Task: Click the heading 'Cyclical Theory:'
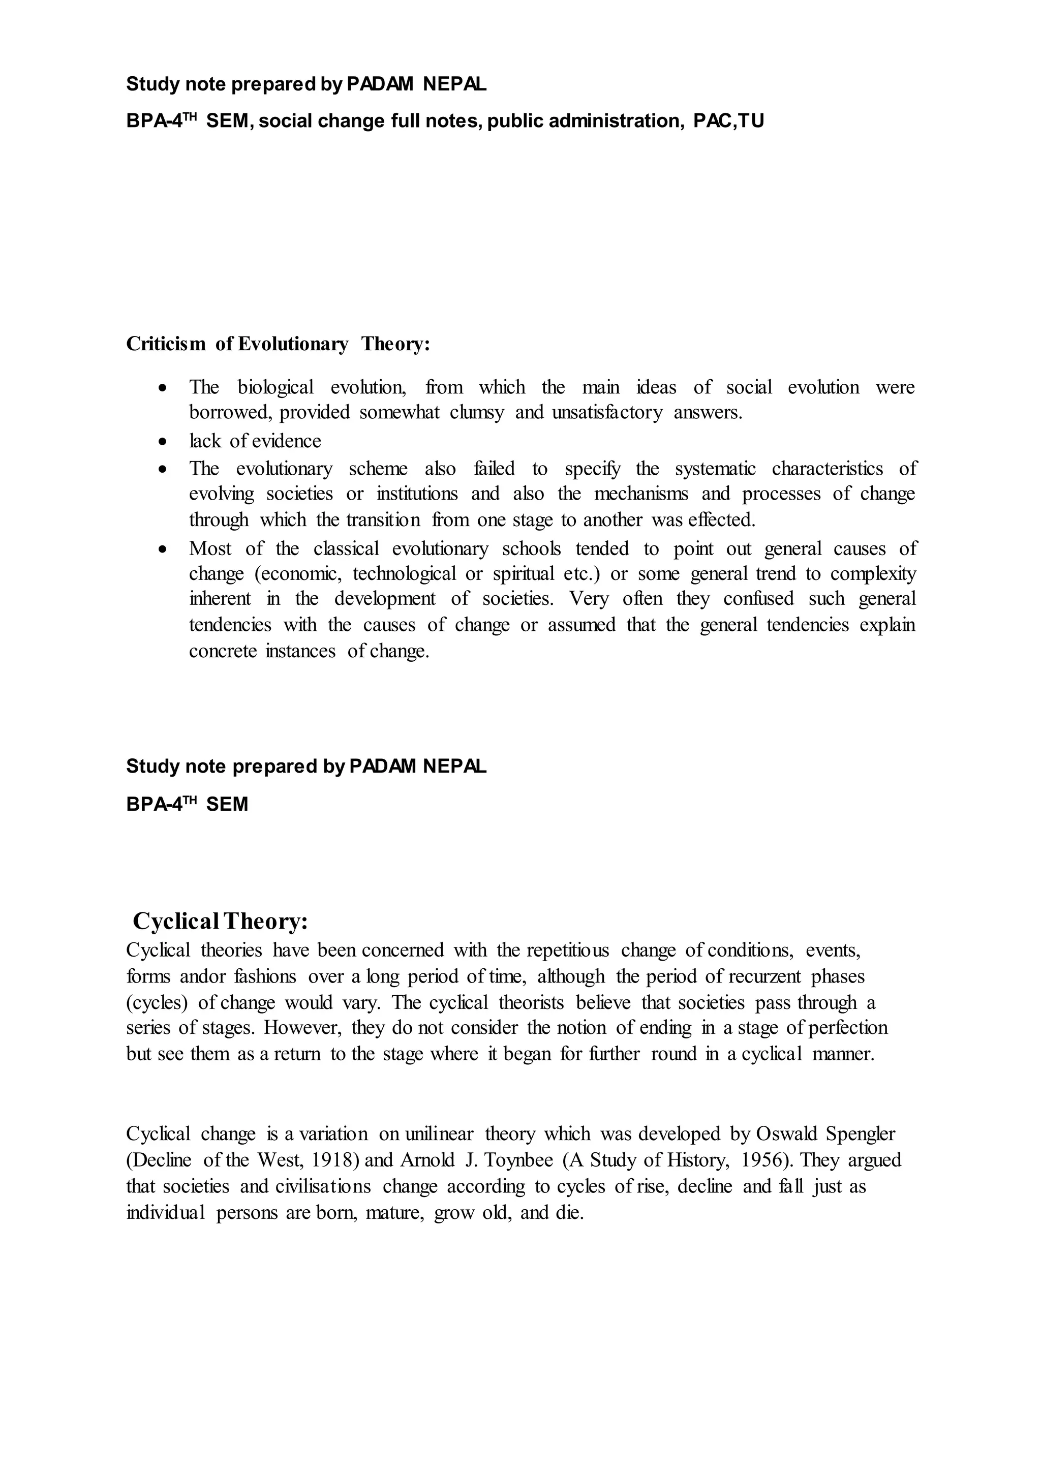pos(221,922)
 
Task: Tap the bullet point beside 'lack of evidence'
pos(164,442)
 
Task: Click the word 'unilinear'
pos(439,1133)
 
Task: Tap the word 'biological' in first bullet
pos(275,387)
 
